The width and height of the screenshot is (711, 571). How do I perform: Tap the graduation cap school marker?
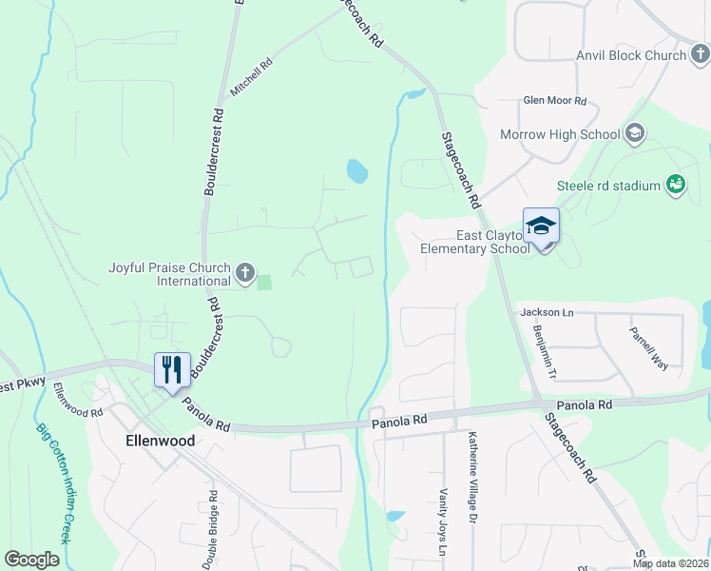541,226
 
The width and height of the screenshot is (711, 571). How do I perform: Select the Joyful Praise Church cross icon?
244,274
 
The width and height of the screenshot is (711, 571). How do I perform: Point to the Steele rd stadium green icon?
675,185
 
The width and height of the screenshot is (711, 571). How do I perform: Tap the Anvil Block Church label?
631,55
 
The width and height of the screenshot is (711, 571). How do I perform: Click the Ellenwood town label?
161,442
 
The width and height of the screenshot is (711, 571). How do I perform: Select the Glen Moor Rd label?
555,101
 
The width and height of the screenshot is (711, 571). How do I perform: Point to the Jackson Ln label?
547,312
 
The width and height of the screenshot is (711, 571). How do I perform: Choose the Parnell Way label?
648,349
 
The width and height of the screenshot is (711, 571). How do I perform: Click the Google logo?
31,560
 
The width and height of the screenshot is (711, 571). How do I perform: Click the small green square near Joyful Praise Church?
264,282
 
